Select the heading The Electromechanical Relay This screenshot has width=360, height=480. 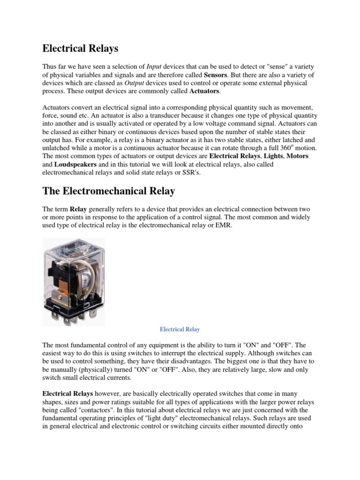click(109, 191)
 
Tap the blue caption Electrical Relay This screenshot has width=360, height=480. click(180, 329)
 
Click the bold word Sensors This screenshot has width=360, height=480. click(216, 75)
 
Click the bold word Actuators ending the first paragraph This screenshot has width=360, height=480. click(204, 91)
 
